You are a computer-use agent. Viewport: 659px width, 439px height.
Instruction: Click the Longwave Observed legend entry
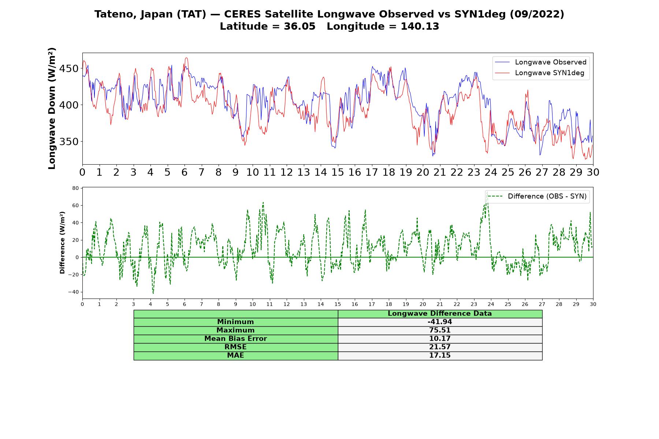pyautogui.click(x=541, y=62)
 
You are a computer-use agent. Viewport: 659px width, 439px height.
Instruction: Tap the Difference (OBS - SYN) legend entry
pyautogui.click(x=537, y=196)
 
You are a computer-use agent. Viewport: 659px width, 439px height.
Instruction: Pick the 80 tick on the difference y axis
pyautogui.click(x=76, y=188)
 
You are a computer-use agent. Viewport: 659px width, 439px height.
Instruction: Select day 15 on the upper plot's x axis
pyautogui.click(x=338, y=172)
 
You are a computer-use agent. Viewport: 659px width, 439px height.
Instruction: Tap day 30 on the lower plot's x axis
pyautogui.click(x=593, y=304)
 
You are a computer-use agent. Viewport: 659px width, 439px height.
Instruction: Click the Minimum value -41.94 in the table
pyautogui.click(x=440, y=322)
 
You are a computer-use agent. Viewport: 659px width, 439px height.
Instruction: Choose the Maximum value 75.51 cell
pyautogui.click(x=440, y=330)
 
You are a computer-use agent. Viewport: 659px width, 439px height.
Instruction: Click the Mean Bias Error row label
pyautogui.click(x=235, y=339)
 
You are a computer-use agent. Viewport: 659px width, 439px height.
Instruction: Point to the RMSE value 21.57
pyautogui.click(x=440, y=347)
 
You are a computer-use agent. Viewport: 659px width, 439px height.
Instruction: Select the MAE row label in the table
pyautogui.click(x=235, y=356)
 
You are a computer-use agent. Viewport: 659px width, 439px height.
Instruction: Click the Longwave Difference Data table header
pyautogui.click(x=440, y=314)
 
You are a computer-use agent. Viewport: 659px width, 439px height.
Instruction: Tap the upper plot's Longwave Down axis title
pyautogui.click(x=52, y=108)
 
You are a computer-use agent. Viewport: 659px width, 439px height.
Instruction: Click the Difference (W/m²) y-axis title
pyautogui.click(x=62, y=243)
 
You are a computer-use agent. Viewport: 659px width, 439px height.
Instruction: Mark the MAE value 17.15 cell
pyautogui.click(x=440, y=356)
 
